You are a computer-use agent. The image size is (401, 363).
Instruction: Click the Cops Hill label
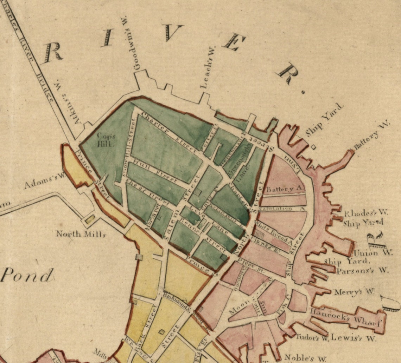pyautogui.click(x=104, y=140)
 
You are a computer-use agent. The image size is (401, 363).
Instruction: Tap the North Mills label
pyautogui.click(x=81, y=233)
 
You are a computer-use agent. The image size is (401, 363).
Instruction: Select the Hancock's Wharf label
pyautogui.click(x=346, y=315)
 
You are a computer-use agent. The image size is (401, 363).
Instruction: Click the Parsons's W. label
pyautogui.click(x=362, y=271)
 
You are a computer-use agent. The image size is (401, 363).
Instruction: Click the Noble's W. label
pyautogui.click(x=305, y=358)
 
